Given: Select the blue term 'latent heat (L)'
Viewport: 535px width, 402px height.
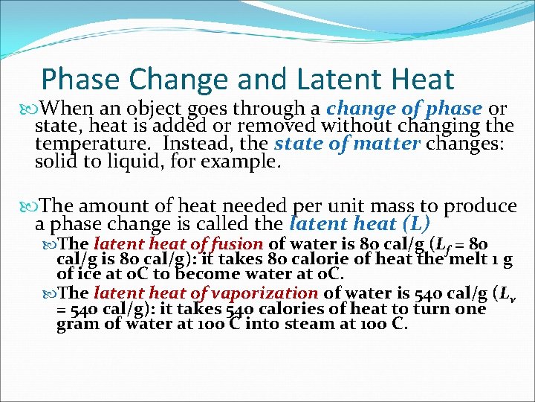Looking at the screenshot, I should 360,223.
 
